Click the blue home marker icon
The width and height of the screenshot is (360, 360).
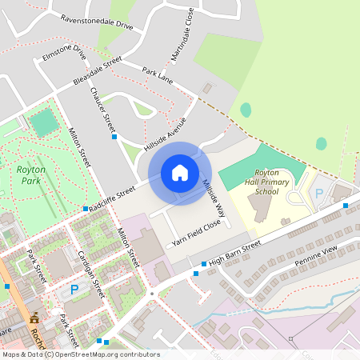[180, 173]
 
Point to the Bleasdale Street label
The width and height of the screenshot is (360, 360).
[97, 71]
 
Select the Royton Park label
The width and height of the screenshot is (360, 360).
[31, 174]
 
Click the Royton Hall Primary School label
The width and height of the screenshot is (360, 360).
[266, 182]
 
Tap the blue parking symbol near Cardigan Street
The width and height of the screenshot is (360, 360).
[74, 289]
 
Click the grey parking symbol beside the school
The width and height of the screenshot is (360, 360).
[318, 193]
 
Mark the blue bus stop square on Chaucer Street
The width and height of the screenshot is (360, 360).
[114, 137]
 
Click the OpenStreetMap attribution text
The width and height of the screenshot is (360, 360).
[80, 354]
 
